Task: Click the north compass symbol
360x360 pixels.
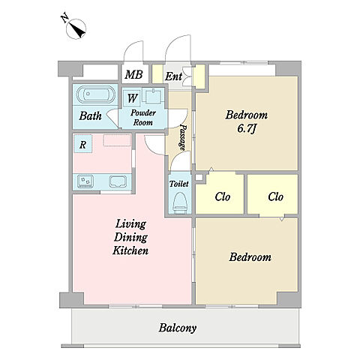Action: click(76, 28)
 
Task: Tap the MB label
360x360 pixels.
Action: click(134, 74)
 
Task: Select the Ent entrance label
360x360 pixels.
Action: click(173, 76)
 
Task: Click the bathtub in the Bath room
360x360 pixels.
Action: click(96, 94)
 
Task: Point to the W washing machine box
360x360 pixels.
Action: click(132, 98)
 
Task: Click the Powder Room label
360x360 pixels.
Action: click(143, 118)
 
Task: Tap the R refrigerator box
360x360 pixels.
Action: click(83, 144)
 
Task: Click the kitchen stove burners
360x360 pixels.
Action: click(85, 181)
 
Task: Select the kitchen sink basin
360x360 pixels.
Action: click(118, 181)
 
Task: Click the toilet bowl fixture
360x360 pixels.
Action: click(180, 202)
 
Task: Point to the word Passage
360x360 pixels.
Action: click(184, 137)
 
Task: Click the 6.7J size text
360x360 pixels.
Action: click(247, 129)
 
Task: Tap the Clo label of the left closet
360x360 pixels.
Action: click(222, 196)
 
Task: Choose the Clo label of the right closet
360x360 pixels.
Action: click(275, 196)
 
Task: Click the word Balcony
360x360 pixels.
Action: click(178, 328)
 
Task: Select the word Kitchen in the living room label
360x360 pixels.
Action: click(130, 250)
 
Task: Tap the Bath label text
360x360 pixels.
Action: click(90, 115)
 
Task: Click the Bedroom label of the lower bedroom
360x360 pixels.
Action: click(250, 257)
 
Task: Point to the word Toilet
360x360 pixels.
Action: click(179, 184)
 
